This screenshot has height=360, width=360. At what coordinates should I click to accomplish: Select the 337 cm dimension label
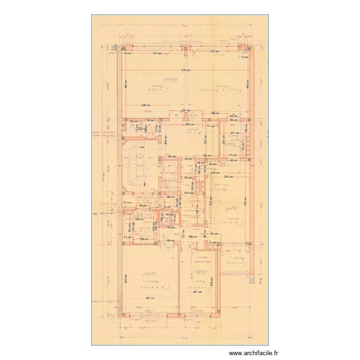point(157,53)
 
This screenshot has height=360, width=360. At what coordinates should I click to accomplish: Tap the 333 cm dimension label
point(214,51)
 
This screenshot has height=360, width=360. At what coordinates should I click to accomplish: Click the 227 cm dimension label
point(186,110)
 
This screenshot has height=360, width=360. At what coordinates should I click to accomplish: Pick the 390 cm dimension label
point(190,124)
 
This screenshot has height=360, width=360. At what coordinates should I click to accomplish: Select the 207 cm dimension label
point(234,133)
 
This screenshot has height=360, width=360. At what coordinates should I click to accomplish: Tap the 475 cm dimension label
point(216,173)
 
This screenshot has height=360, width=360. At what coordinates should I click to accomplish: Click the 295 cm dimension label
point(228,177)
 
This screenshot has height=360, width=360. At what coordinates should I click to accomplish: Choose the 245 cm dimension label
point(139,219)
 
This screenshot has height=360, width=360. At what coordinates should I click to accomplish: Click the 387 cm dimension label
point(150,299)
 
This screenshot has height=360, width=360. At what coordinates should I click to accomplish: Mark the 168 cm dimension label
point(215,114)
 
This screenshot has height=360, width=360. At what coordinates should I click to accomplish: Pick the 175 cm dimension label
point(233,155)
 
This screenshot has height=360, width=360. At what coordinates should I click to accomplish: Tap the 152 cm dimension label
point(143,239)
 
